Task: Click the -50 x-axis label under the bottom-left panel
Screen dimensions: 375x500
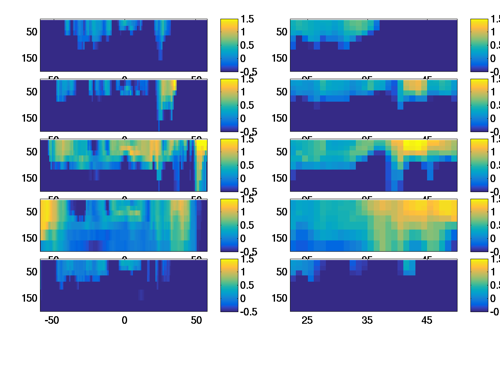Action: tap(52, 320)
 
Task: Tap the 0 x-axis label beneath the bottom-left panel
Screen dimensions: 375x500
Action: tap(124, 320)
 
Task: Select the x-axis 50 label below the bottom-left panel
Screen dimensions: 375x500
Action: tap(196, 320)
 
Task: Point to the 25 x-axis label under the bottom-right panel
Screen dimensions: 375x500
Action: tap(307, 320)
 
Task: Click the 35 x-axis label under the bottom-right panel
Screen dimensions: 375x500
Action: tap(367, 320)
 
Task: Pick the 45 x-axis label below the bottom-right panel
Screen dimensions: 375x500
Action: tap(427, 320)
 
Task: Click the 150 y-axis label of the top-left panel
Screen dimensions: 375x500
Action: tap(30, 58)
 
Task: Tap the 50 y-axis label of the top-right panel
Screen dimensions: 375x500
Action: tap(282, 32)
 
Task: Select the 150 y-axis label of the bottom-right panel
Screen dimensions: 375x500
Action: tap(280, 298)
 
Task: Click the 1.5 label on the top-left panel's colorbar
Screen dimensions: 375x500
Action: tap(248, 19)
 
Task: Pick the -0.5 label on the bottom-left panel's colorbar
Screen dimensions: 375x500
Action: tap(247, 312)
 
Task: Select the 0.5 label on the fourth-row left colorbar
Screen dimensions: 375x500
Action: tap(248, 225)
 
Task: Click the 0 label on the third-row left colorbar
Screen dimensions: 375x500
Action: tap(243, 178)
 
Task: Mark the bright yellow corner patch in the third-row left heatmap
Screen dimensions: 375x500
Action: tap(202, 145)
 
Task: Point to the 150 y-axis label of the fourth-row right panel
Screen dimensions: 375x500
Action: tap(280, 238)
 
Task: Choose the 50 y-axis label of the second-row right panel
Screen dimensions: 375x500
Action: tap(282, 92)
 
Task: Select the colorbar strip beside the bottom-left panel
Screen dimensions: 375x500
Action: tap(229, 285)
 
